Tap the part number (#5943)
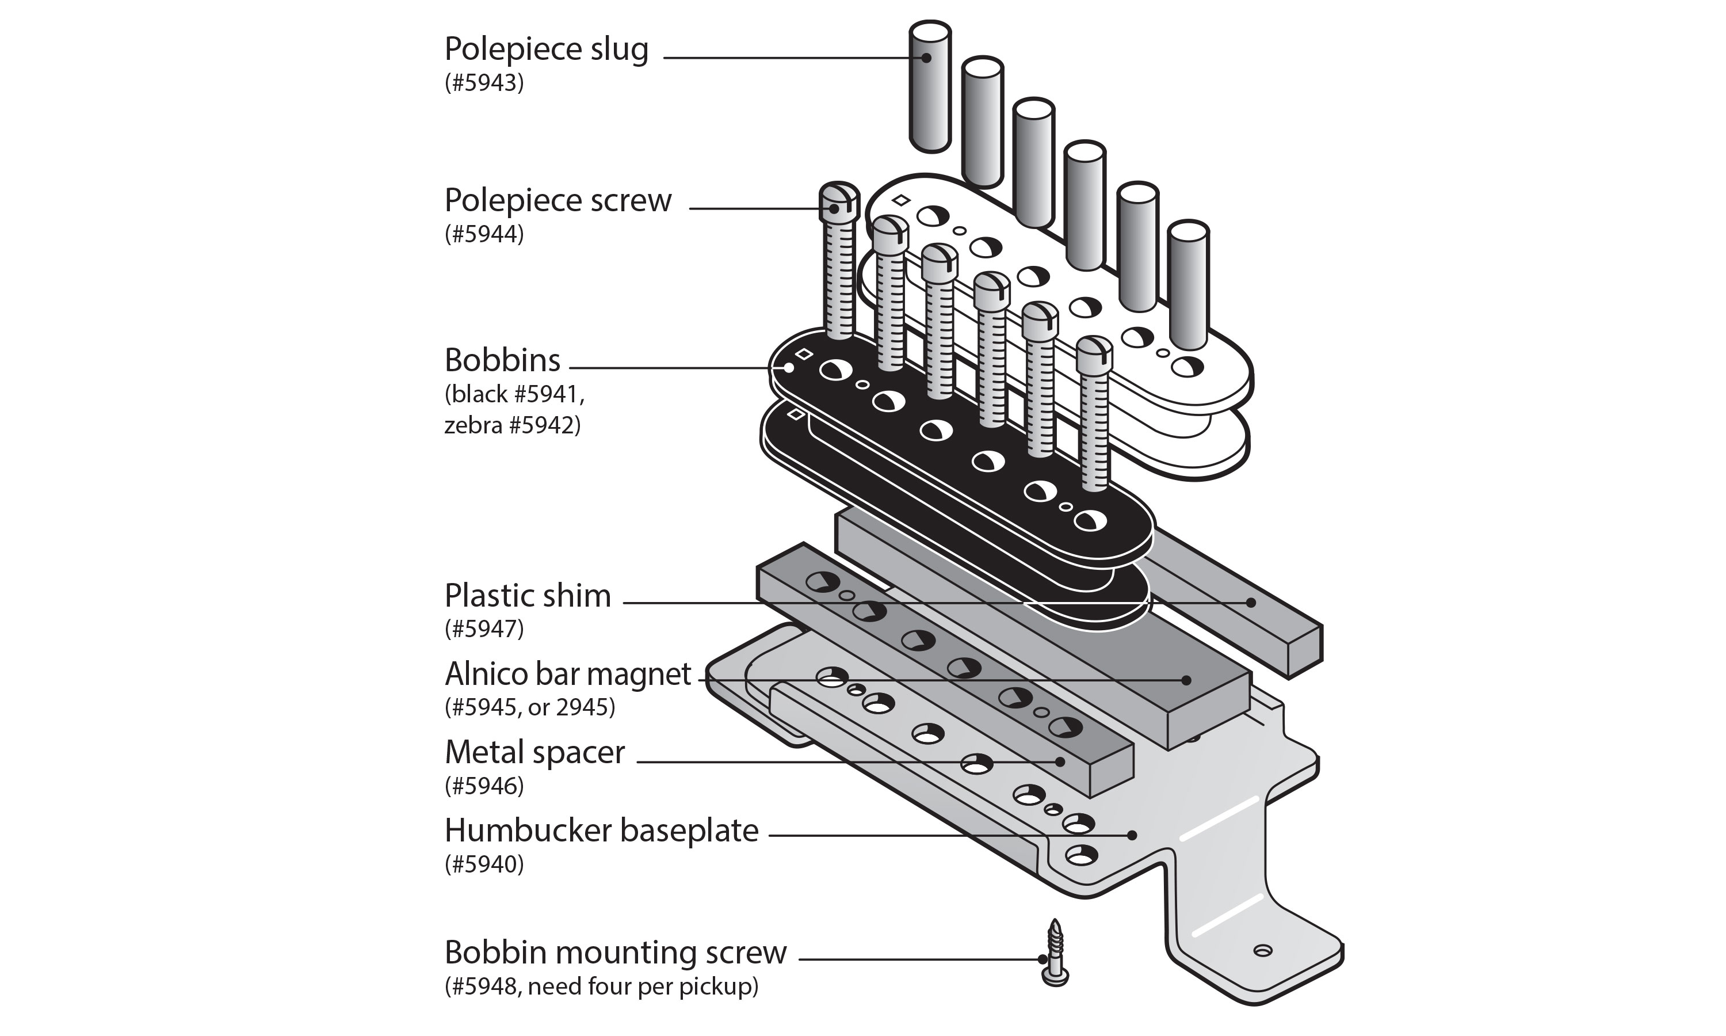[484, 83]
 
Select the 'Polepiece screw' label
[557, 201]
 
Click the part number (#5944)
[484, 234]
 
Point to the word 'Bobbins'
[502, 361]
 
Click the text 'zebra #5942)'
[512, 425]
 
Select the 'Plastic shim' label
[528, 596]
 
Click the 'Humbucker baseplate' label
[601, 831]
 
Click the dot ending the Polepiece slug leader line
[926, 58]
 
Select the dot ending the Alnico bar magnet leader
[1185, 680]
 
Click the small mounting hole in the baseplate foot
[1263, 950]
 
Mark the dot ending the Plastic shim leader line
[1251, 602]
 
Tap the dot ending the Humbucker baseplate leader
[1132, 835]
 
